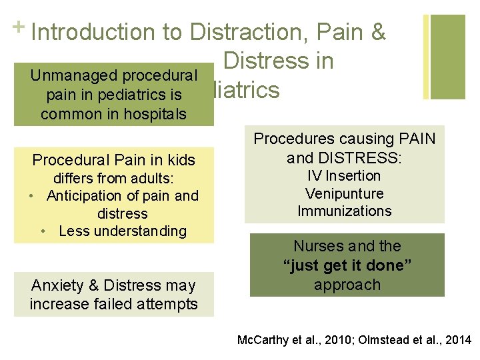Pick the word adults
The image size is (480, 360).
(152, 179)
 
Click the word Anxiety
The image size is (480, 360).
(59, 286)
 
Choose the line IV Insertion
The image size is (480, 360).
(343, 176)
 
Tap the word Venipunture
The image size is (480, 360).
(343, 194)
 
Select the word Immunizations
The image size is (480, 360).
(344, 211)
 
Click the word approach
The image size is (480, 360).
(347, 285)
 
